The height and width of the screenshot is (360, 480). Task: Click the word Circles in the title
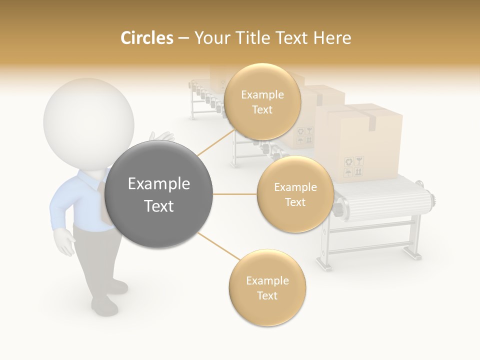[146, 38]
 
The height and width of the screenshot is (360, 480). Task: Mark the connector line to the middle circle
[234, 194]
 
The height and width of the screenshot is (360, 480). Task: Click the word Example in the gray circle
[159, 184]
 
